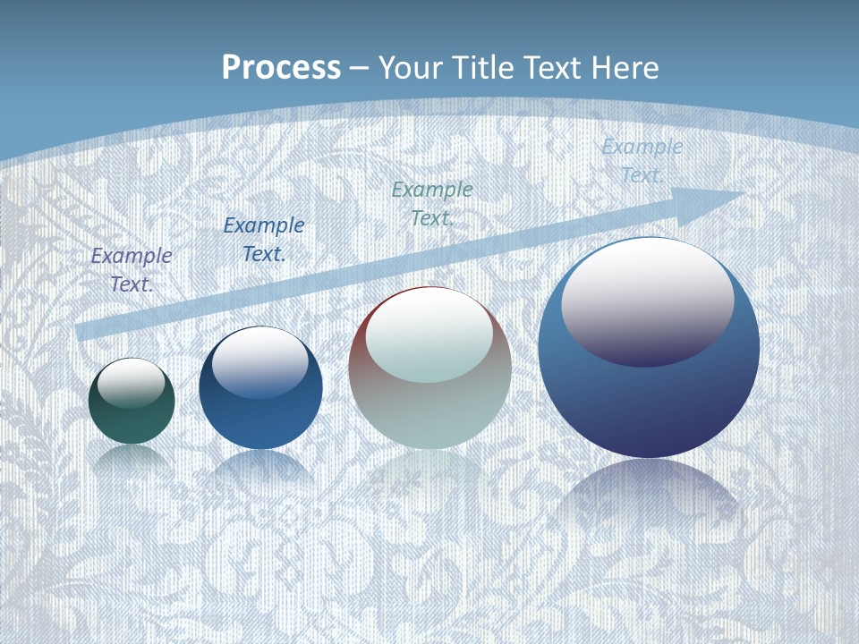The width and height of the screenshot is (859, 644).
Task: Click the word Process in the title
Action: (x=281, y=68)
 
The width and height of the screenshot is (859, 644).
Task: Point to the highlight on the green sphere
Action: (x=132, y=383)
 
